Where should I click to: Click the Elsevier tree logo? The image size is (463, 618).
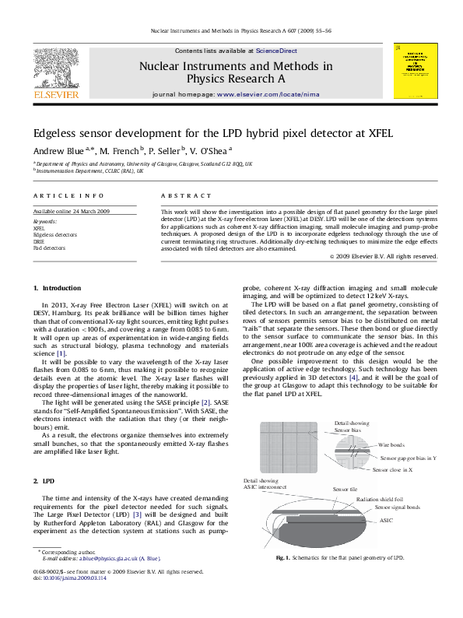(55, 68)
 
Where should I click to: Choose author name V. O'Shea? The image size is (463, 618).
(209, 150)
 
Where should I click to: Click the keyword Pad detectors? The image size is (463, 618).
(50, 248)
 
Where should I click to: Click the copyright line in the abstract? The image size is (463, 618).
(383, 256)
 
